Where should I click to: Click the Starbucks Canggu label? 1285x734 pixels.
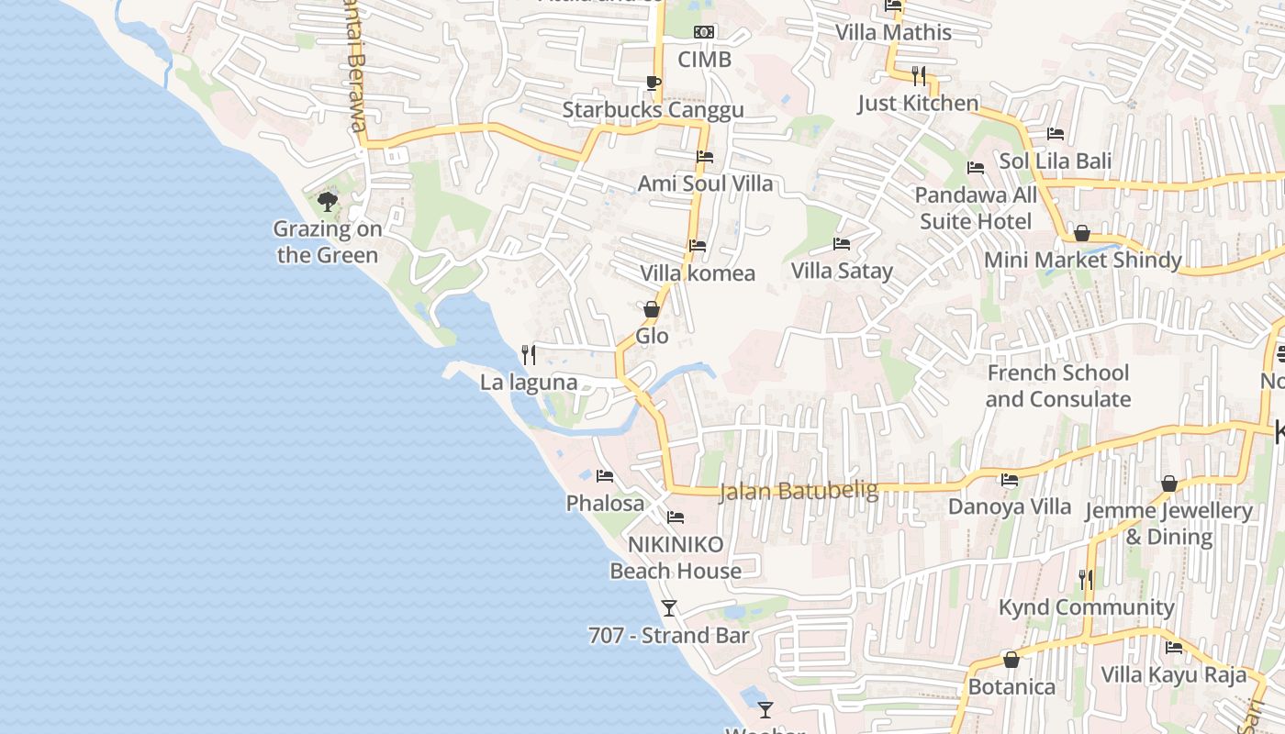[x=653, y=110]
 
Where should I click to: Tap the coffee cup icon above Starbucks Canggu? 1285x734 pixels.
[x=653, y=83]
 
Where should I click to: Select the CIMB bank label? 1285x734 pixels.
[x=704, y=60]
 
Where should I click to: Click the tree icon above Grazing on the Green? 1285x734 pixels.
[x=328, y=201]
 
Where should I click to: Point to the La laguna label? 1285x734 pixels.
[x=529, y=383]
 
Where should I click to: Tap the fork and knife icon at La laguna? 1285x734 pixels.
[x=529, y=355]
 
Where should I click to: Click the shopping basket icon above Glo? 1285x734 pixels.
[x=652, y=309]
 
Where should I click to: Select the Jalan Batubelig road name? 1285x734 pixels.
[x=798, y=491]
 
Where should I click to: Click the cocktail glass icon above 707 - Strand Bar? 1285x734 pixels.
[x=669, y=607]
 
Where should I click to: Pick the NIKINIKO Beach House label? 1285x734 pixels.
[x=676, y=557]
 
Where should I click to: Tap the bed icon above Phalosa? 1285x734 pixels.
[x=605, y=476]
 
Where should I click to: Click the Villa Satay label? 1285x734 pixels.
[x=842, y=271]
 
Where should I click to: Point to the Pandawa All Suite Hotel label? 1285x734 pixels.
[x=976, y=208]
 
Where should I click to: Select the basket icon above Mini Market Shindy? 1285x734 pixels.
[x=1082, y=233]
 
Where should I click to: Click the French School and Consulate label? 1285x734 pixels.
[x=1058, y=385]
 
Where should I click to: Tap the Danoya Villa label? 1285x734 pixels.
[x=1010, y=506]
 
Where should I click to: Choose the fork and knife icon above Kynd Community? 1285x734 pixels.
[x=1086, y=580]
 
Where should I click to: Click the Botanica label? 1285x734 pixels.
[x=1011, y=686]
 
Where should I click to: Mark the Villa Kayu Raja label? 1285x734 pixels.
[x=1174, y=675]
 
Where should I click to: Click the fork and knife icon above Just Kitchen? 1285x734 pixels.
[x=919, y=75]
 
